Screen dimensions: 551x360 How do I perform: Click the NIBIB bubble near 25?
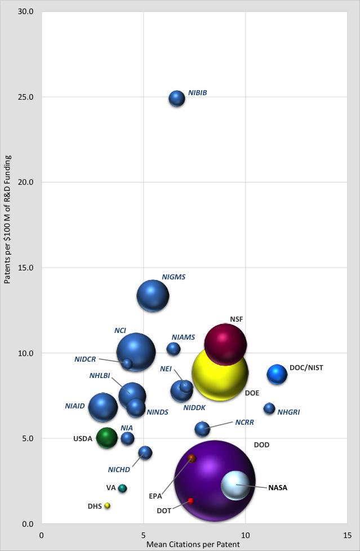(x=177, y=98)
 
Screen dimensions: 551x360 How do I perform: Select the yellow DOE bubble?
(x=220, y=372)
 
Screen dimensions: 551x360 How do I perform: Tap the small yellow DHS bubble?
(x=107, y=505)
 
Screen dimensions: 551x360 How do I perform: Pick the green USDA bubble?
(x=106, y=437)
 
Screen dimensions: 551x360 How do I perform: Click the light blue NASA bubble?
(x=235, y=485)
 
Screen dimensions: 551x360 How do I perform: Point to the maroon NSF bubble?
(x=225, y=344)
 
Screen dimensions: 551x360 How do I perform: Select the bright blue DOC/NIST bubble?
(x=277, y=374)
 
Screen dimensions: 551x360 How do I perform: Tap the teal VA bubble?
(x=122, y=488)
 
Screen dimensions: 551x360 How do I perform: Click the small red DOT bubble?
(x=191, y=500)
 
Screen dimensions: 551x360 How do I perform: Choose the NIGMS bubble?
(x=153, y=296)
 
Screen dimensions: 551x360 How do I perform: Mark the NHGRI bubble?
(x=269, y=408)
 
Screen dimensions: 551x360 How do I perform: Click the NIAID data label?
(x=74, y=406)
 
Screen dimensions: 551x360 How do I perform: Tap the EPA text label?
(x=155, y=496)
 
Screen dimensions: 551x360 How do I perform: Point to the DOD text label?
(x=261, y=445)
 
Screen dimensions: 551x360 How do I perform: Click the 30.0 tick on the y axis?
(x=26, y=11)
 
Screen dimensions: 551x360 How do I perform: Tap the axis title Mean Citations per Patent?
(x=193, y=544)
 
